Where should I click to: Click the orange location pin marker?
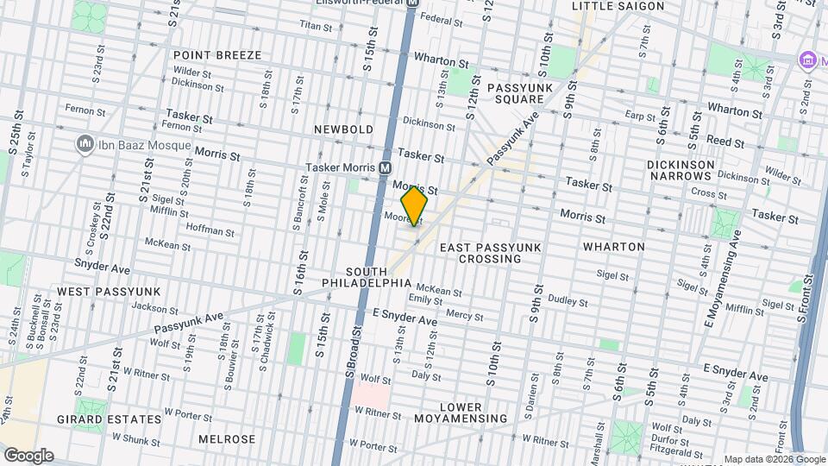pyautogui.click(x=414, y=205)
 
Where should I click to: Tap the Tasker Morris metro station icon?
pyautogui.click(x=385, y=167)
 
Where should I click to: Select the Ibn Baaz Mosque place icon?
pyautogui.click(x=85, y=144)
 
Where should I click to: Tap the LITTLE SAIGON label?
pyautogui.click(x=618, y=6)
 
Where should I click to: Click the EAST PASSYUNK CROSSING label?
pyautogui.click(x=490, y=253)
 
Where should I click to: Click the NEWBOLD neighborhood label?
pyautogui.click(x=342, y=129)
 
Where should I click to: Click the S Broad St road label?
pyautogui.click(x=352, y=349)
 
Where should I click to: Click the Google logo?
pyautogui.click(x=28, y=455)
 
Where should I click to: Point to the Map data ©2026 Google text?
pyautogui.click(x=774, y=459)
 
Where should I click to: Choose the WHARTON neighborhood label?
pyautogui.click(x=613, y=247)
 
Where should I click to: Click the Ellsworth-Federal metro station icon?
pyautogui.click(x=412, y=3)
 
